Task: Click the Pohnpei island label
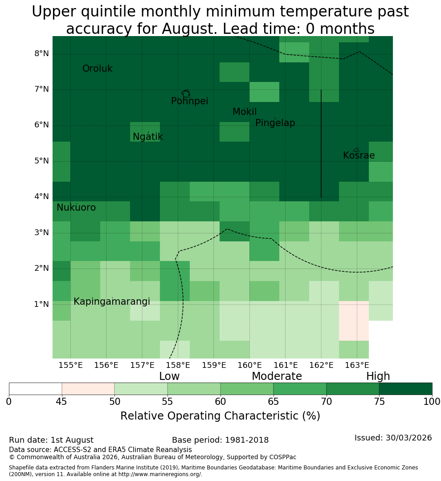coord(189,101)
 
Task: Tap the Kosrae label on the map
coord(359,155)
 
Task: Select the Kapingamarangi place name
coord(112,302)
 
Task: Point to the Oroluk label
coord(97,69)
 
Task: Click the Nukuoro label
coord(76,208)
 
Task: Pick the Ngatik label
coord(147,137)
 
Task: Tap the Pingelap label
coord(275,123)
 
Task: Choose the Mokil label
coord(244,112)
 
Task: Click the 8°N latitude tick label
coord(41,54)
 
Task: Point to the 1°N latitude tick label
coord(41,304)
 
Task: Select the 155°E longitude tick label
coord(70,365)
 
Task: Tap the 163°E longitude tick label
coord(357,365)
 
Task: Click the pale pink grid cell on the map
coord(354,321)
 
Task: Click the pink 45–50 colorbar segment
coord(88,389)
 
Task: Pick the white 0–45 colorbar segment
coord(36,389)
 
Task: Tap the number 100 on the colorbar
coord(432,402)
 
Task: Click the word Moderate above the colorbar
coord(277,376)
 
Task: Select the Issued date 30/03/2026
coord(408,438)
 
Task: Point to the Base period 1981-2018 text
coord(220,440)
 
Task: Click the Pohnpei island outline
coord(186,93)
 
